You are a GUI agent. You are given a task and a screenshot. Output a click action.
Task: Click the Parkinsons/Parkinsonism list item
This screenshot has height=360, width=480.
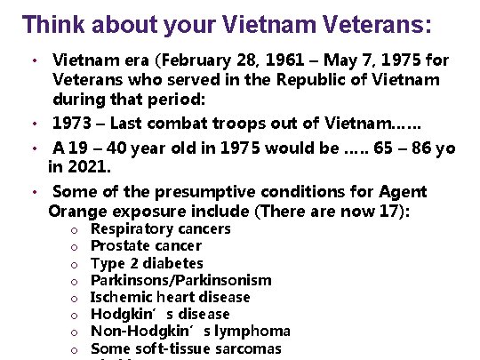pos(169,281)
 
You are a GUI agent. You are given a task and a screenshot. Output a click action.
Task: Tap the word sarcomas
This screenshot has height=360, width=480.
pos(248,348)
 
